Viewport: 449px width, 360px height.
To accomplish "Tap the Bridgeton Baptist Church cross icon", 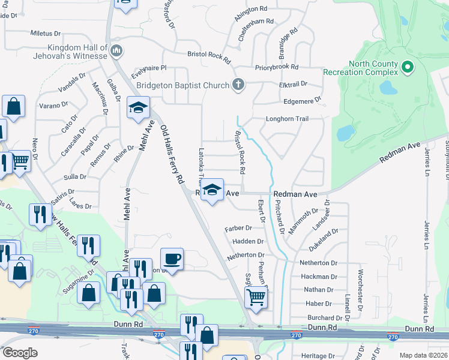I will (238, 85).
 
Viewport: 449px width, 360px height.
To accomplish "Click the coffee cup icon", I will (172, 259).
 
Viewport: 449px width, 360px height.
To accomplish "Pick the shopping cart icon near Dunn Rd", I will (256, 296).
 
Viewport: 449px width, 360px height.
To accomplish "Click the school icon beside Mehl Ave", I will (138, 108).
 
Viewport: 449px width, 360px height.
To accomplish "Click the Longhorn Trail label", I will (287, 119).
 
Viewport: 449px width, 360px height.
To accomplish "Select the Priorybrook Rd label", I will (276, 68).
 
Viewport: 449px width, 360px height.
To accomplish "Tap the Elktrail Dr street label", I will (293, 84).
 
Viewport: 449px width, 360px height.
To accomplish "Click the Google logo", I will (20, 353).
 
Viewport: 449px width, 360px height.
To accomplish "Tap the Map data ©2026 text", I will (423, 355).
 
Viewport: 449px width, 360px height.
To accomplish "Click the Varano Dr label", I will (53, 105).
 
